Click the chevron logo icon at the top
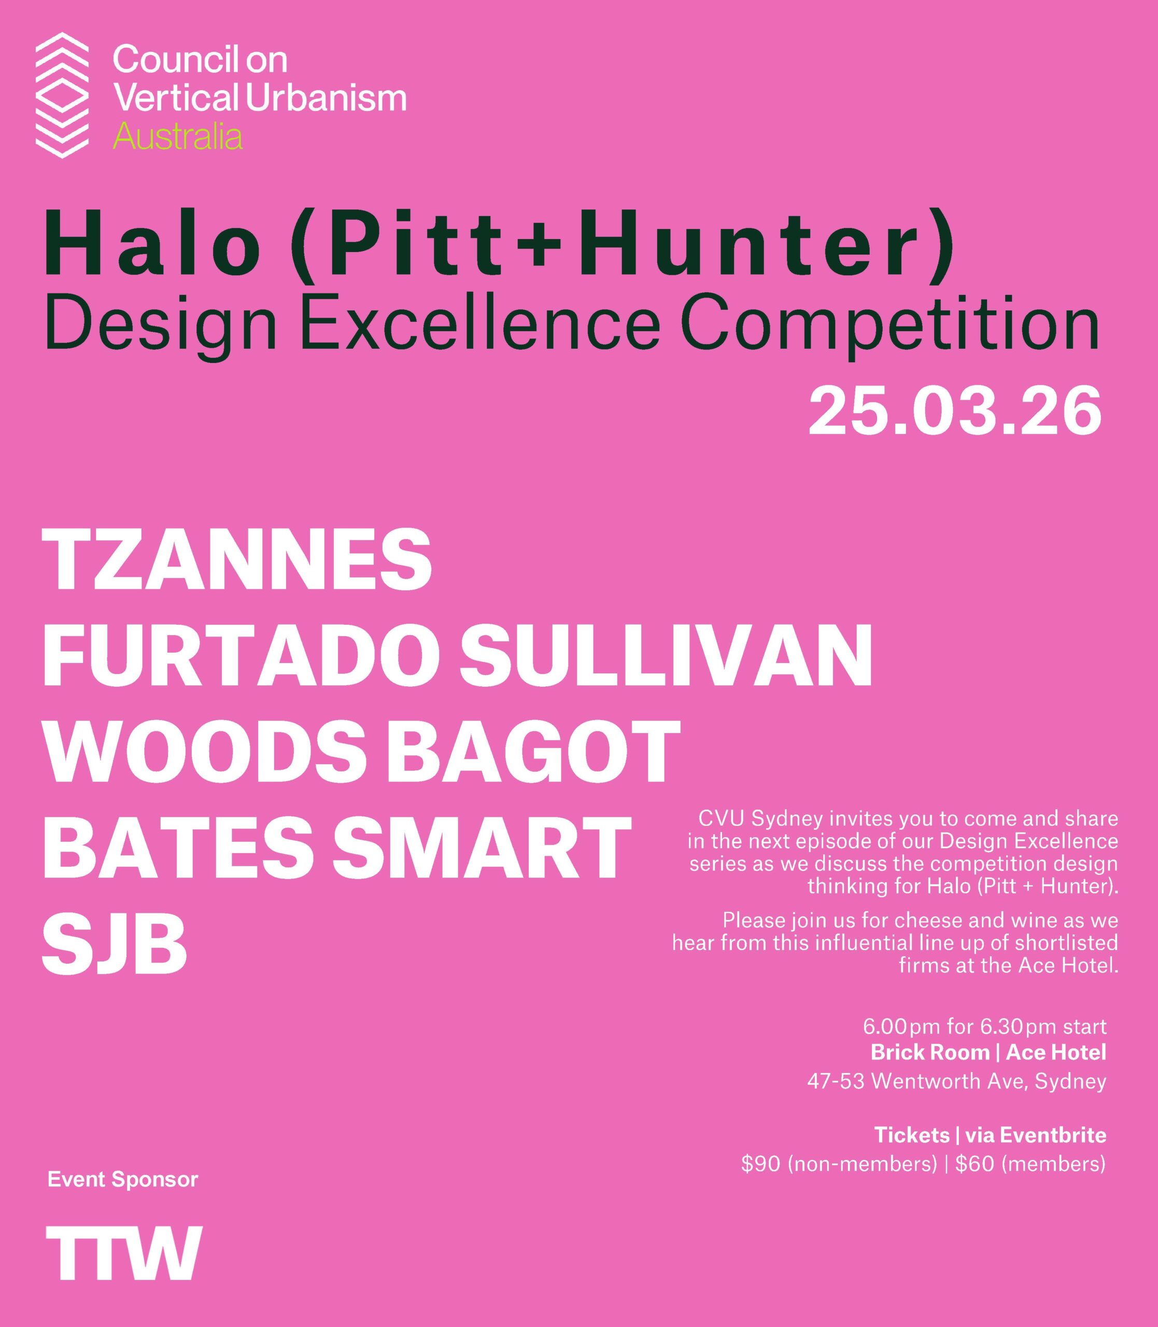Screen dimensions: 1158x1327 click(61, 95)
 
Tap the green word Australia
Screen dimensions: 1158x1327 click(178, 137)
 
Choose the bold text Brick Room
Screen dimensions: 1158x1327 click(930, 1052)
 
